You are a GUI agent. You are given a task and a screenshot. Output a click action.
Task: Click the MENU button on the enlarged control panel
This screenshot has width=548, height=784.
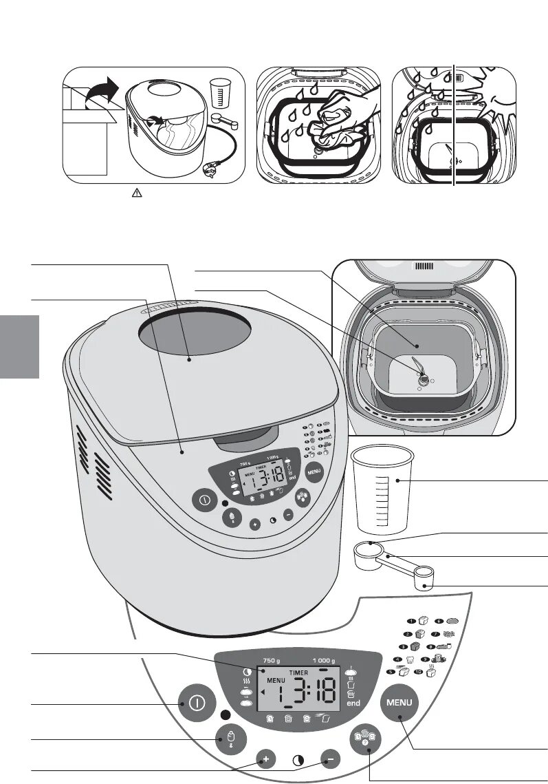pyautogui.click(x=399, y=703)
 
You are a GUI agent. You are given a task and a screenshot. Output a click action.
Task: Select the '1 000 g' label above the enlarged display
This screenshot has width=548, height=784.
pyautogui.click(x=322, y=660)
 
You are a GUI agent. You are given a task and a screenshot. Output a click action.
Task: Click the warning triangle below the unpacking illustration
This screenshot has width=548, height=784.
pyautogui.click(x=135, y=195)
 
